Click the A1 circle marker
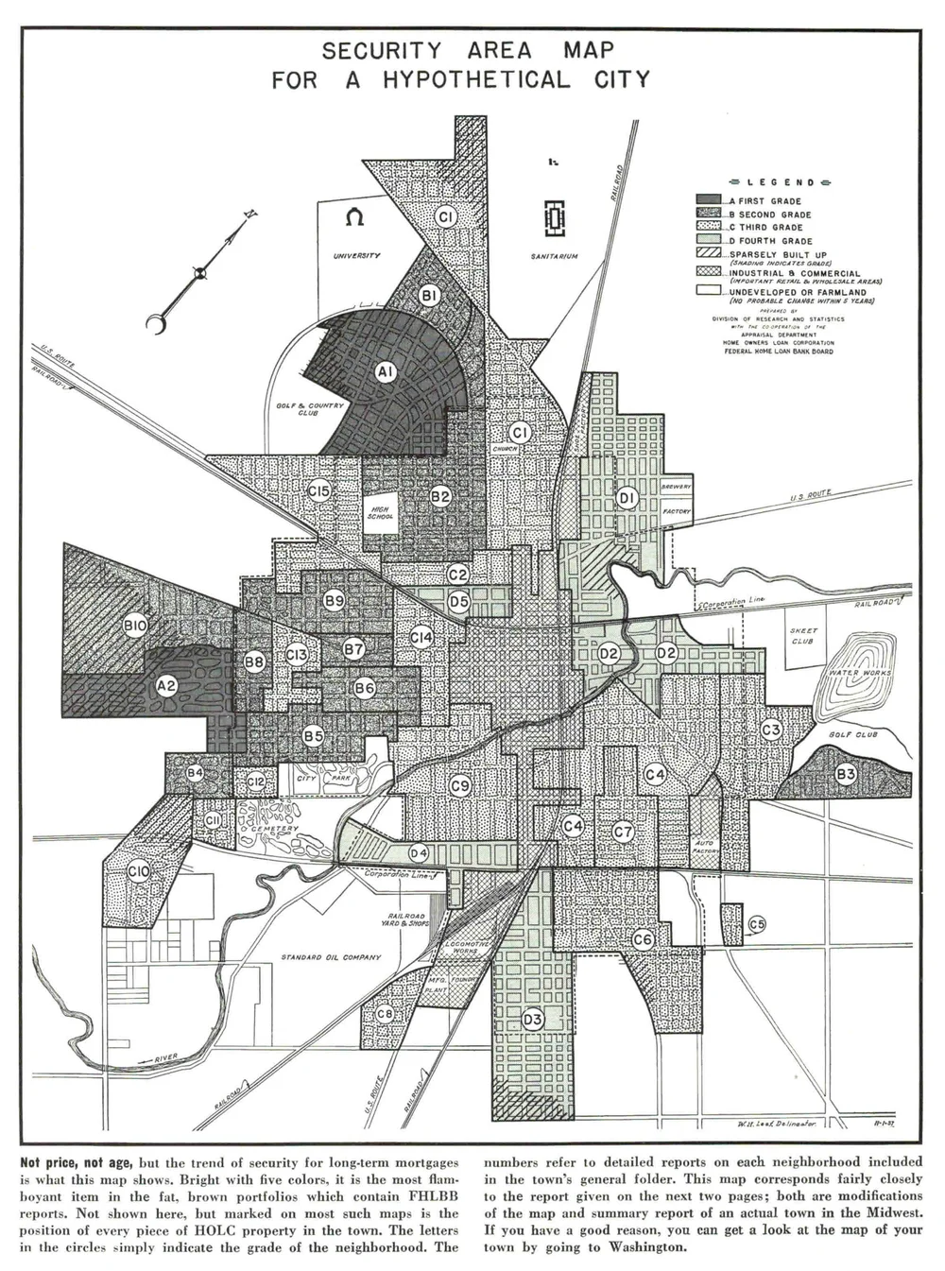click(x=385, y=372)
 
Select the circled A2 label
click(x=166, y=686)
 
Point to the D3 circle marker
click(x=532, y=1020)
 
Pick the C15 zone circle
click(x=319, y=491)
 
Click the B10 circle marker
click(x=134, y=625)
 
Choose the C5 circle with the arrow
click(x=756, y=923)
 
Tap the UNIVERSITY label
click(x=356, y=256)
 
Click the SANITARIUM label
click(x=554, y=256)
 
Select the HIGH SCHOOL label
click(x=379, y=513)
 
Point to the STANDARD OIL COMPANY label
click(x=331, y=957)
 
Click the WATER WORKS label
click(x=860, y=673)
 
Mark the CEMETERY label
click(x=275, y=829)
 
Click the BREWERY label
click(x=677, y=487)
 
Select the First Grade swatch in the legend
click(x=709, y=200)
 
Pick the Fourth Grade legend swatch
click(x=709, y=240)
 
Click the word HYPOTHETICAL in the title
click(x=475, y=79)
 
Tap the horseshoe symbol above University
click(x=355, y=217)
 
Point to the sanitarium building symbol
click(x=555, y=219)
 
